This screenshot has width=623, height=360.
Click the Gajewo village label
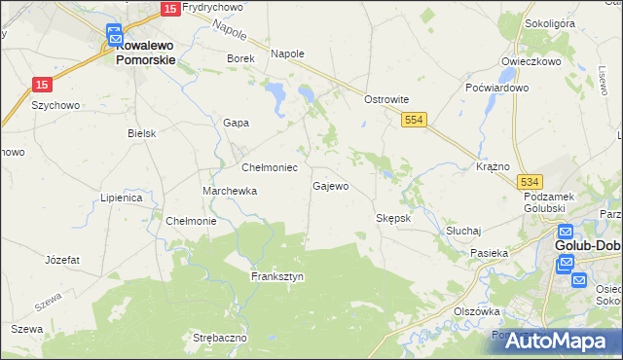click(x=330, y=186)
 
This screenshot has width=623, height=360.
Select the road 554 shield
click(x=415, y=118)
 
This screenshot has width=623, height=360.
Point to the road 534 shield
click(x=530, y=182)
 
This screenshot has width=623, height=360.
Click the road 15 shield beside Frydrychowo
click(x=167, y=8)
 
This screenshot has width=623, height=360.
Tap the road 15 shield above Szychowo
click(x=41, y=85)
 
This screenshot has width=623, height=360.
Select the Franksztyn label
click(x=277, y=276)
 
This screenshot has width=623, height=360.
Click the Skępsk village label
click(x=393, y=218)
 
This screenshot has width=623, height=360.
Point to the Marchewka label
click(x=230, y=192)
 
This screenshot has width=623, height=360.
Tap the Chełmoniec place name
click(x=270, y=167)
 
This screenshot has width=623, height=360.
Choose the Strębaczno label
click(x=220, y=338)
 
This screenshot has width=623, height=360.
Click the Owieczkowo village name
click(x=531, y=61)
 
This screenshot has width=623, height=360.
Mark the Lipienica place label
click(x=122, y=198)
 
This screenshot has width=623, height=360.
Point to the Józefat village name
click(x=62, y=261)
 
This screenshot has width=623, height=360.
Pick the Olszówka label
click(x=477, y=311)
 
